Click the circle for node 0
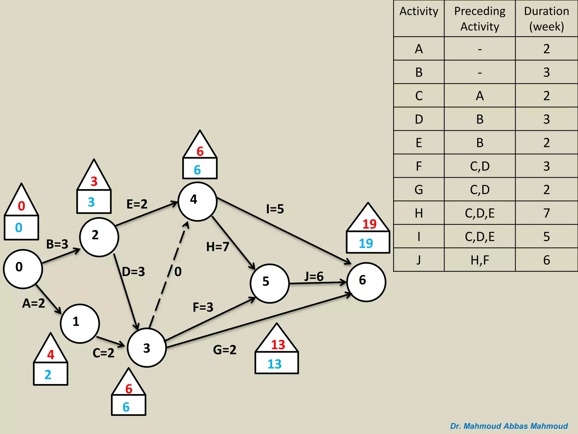tap(23, 269)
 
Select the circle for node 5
tap(270, 283)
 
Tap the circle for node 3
tap(147, 348)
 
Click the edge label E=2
tap(137, 204)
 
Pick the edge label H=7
tap(218, 247)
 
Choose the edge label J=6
tap(314, 277)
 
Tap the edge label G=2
tap(225, 350)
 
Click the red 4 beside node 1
tap(51, 355)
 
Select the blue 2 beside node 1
tap(48, 375)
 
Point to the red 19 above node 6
tap(369, 224)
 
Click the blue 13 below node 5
tap(275, 364)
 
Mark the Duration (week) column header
tap(546, 19)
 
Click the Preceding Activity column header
tap(480, 19)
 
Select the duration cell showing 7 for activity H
tap(546, 213)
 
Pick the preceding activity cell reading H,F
tap(480, 260)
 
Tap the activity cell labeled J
tap(419, 260)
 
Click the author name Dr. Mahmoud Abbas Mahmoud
tap(509, 426)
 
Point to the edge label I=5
tap(275, 209)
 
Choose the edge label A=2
tap(34, 303)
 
